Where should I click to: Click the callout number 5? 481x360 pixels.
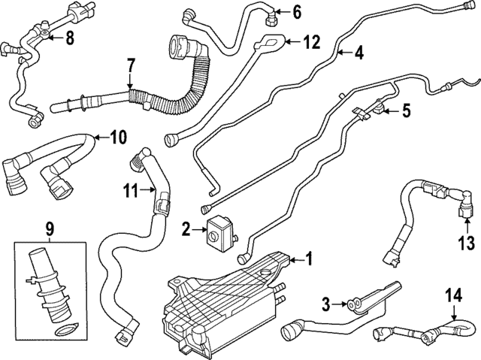click(x=405, y=111)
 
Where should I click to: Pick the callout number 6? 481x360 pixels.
click(x=296, y=11)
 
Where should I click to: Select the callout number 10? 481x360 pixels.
click(x=118, y=137)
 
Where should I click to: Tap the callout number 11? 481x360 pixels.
click(x=130, y=192)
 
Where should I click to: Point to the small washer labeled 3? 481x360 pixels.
click(x=349, y=304)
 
